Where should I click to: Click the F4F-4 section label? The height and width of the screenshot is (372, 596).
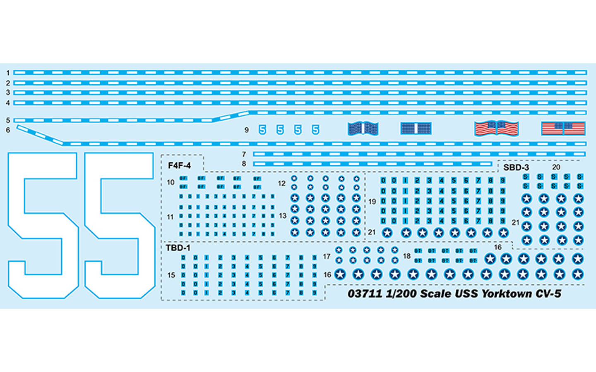tap(179, 166)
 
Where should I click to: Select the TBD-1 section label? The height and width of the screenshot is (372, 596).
tap(178, 248)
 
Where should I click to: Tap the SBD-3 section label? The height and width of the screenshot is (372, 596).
tap(516, 167)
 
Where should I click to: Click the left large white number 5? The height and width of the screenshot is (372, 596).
tap(43, 225)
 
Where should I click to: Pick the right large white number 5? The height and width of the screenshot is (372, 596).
tap(120, 225)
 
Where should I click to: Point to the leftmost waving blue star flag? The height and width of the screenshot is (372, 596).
tap(363, 129)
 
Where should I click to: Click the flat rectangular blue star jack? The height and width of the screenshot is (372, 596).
tap(416, 129)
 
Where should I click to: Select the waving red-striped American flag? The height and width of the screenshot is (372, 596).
tap(496, 129)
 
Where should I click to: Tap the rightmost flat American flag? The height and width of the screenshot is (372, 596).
tap(563, 129)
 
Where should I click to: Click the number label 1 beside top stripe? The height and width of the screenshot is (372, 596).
tap(7, 73)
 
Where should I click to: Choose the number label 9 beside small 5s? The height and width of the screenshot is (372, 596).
tap(246, 130)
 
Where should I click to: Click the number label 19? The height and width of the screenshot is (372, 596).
tap(372, 202)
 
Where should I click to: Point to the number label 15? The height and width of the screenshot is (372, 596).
tap(171, 275)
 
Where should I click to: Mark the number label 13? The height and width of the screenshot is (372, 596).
tap(283, 216)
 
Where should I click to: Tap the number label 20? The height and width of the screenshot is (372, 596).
tap(556, 167)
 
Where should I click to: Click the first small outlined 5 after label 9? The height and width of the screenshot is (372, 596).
tap(262, 130)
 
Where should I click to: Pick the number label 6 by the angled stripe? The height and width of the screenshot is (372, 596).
tap(7, 130)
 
